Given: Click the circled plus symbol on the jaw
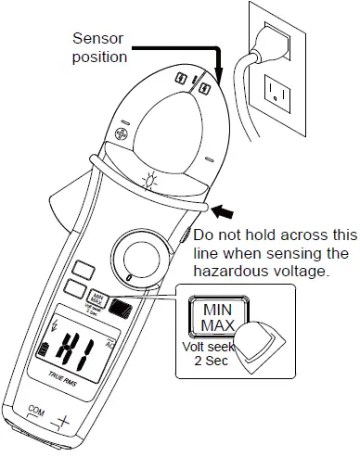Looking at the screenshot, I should (x=121, y=134).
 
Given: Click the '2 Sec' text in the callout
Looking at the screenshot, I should (x=211, y=362).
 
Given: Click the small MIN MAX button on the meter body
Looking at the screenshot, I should (x=95, y=301).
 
